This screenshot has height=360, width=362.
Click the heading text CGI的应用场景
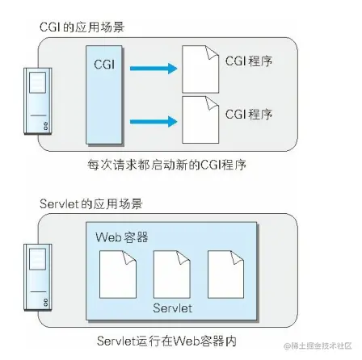point(82,27)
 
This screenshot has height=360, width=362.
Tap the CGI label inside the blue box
point(104,63)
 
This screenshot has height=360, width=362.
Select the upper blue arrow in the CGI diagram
point(153,69)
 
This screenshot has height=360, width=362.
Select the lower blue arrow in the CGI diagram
point(153,120)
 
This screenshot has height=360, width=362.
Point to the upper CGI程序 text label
point(248,61)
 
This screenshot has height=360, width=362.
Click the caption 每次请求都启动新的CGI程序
point(166,165)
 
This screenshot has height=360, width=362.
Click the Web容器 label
point(122,237)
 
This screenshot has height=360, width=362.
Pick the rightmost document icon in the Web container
point(225,274)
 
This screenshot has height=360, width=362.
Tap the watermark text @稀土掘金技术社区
point(318,346)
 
